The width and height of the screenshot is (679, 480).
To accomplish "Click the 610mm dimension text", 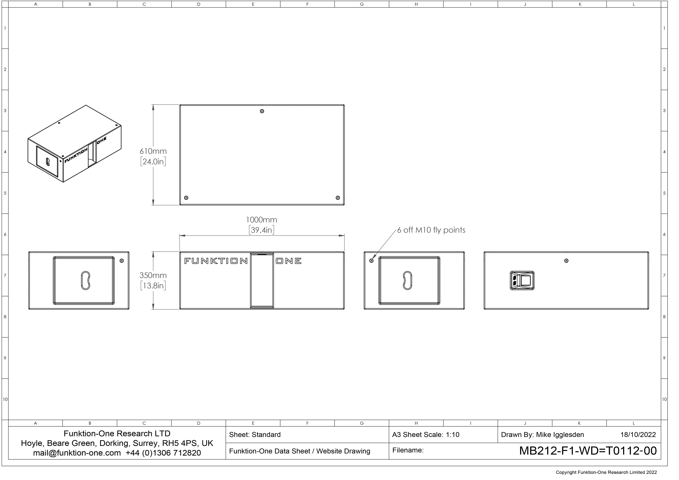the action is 153,151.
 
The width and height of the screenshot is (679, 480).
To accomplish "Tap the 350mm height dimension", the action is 153,275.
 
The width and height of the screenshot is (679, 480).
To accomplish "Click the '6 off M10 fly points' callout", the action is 431,230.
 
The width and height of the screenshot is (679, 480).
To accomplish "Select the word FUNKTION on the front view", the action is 216,261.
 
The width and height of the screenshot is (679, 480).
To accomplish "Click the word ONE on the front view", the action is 289,261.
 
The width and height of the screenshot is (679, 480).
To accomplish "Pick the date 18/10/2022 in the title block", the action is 638,435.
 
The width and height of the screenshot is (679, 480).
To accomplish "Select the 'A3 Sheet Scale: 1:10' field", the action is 426,435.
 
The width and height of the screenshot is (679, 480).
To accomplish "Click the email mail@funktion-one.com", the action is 77,453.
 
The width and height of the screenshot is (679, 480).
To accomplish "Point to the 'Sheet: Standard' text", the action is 255,435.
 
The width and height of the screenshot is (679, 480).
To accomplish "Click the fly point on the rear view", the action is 566,261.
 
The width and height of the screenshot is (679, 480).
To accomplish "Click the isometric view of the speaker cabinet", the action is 75,144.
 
